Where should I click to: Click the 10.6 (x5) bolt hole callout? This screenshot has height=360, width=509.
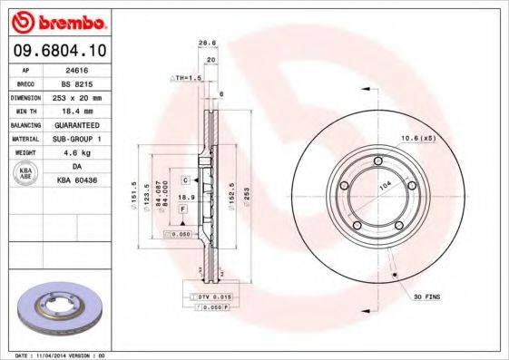tap(417, 138)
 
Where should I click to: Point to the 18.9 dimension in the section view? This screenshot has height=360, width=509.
tap(184, 197)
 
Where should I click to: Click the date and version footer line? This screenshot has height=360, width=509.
tap(56, 355)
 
